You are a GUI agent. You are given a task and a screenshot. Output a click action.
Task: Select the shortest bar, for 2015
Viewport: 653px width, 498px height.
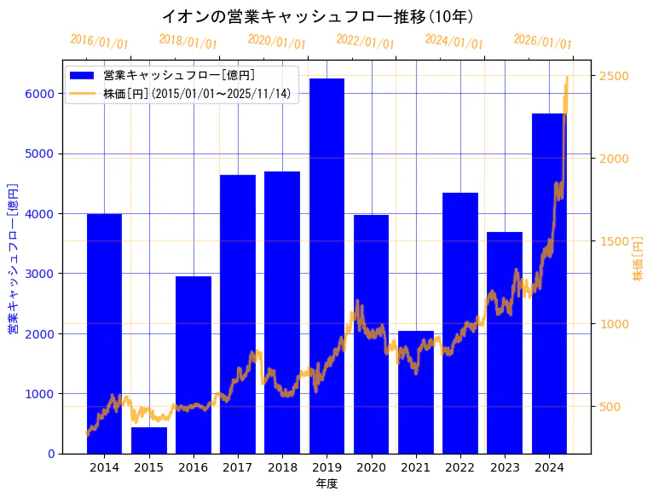(x=148, y=440)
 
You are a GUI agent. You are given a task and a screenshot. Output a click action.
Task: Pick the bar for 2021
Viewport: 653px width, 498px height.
(x=415, y=391)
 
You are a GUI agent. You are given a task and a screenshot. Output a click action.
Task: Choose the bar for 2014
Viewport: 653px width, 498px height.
(x=104, y=333)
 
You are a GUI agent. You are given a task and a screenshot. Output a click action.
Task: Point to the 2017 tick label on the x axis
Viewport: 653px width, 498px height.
(x=237, y=467)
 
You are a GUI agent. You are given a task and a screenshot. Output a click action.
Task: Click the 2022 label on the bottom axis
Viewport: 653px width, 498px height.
(x=459, y=467)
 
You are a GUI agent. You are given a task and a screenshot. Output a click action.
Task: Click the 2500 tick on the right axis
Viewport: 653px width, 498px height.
(x=614, y=76)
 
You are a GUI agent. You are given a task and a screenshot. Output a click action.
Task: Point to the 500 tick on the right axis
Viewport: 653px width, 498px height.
(x=610, y=407)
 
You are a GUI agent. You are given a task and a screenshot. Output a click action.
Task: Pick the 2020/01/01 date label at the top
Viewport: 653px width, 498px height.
(x=276, y=41)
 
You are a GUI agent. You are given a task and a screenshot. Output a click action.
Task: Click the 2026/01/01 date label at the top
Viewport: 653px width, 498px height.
(x=542, y=41)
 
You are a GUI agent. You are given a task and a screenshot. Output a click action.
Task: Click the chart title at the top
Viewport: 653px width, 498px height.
(x=317, y=16)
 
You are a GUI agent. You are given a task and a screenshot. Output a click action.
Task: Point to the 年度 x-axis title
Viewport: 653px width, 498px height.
(x=326, y=484)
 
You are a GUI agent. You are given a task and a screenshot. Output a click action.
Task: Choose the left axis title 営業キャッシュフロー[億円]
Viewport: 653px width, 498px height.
(x=13, y=257)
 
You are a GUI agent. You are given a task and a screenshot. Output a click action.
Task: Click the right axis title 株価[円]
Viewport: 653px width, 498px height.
(x=639, y=260)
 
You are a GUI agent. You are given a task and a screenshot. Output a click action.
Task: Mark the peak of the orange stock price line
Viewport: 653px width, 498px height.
(x=567, y=78)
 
